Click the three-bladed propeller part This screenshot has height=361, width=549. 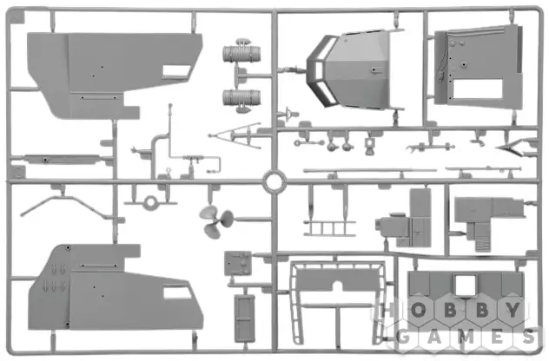(215, 221)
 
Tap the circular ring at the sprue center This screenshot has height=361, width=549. (274, 182)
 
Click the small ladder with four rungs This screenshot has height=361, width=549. (330, 228)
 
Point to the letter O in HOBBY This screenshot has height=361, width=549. (418, 310)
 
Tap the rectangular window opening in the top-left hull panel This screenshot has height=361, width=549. (177, 71)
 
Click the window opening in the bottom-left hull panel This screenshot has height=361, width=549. (177, 292)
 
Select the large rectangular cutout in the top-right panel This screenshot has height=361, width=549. (478, 89)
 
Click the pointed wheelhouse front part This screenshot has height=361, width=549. (347, 70)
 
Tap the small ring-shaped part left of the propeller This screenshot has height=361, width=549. (150, 202)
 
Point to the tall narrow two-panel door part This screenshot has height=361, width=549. (244, 318)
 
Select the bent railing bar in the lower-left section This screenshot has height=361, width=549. (67, 206)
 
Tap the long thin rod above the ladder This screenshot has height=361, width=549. (370, 171)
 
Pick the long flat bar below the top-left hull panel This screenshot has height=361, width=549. (62, 159)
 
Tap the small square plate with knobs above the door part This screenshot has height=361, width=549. (238, 263)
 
